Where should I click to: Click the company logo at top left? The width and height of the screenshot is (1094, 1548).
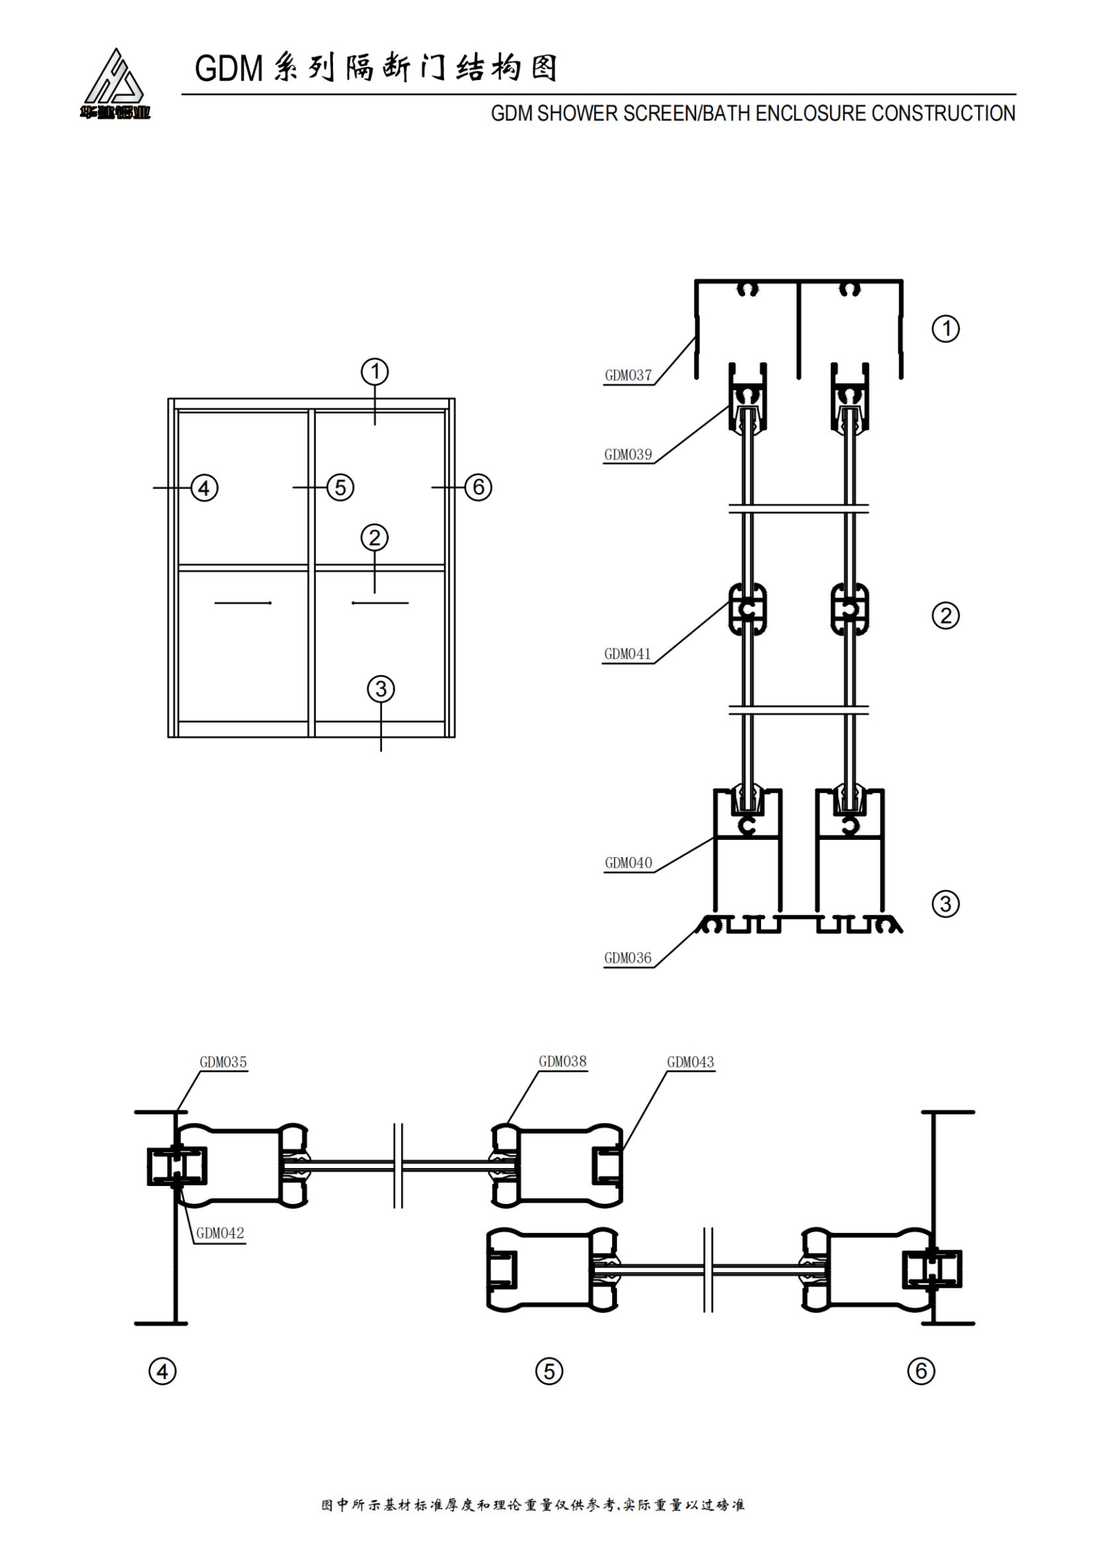pos(114,85)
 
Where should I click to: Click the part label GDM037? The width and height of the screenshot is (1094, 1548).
pos(627,375)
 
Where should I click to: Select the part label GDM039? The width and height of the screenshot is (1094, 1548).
pos(627,455)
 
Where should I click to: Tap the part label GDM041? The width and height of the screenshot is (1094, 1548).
pos(627,653)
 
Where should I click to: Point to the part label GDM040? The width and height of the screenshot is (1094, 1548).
pos(628,862)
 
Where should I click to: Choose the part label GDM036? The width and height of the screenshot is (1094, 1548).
pos(627,958)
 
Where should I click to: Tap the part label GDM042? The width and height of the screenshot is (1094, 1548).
pos(220,1233)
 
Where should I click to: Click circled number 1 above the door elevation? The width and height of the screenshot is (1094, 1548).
pos(375,371)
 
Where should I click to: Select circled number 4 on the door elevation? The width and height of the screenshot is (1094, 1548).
pos(205,488)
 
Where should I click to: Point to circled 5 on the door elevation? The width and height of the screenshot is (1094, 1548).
pos(340,487)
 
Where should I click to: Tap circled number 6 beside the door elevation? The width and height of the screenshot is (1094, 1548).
pos(479,487)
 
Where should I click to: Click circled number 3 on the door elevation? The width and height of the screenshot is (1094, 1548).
pos(381,688)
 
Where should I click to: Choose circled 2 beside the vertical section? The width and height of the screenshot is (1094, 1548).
pos(945,615)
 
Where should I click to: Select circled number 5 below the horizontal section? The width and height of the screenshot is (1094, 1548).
pos(549,1371)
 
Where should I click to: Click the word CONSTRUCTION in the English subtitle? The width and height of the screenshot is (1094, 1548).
pos(943,113)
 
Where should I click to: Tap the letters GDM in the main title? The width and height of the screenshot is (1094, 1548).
pos(228,69)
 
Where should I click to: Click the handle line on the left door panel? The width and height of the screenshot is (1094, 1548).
pos(243,602)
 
